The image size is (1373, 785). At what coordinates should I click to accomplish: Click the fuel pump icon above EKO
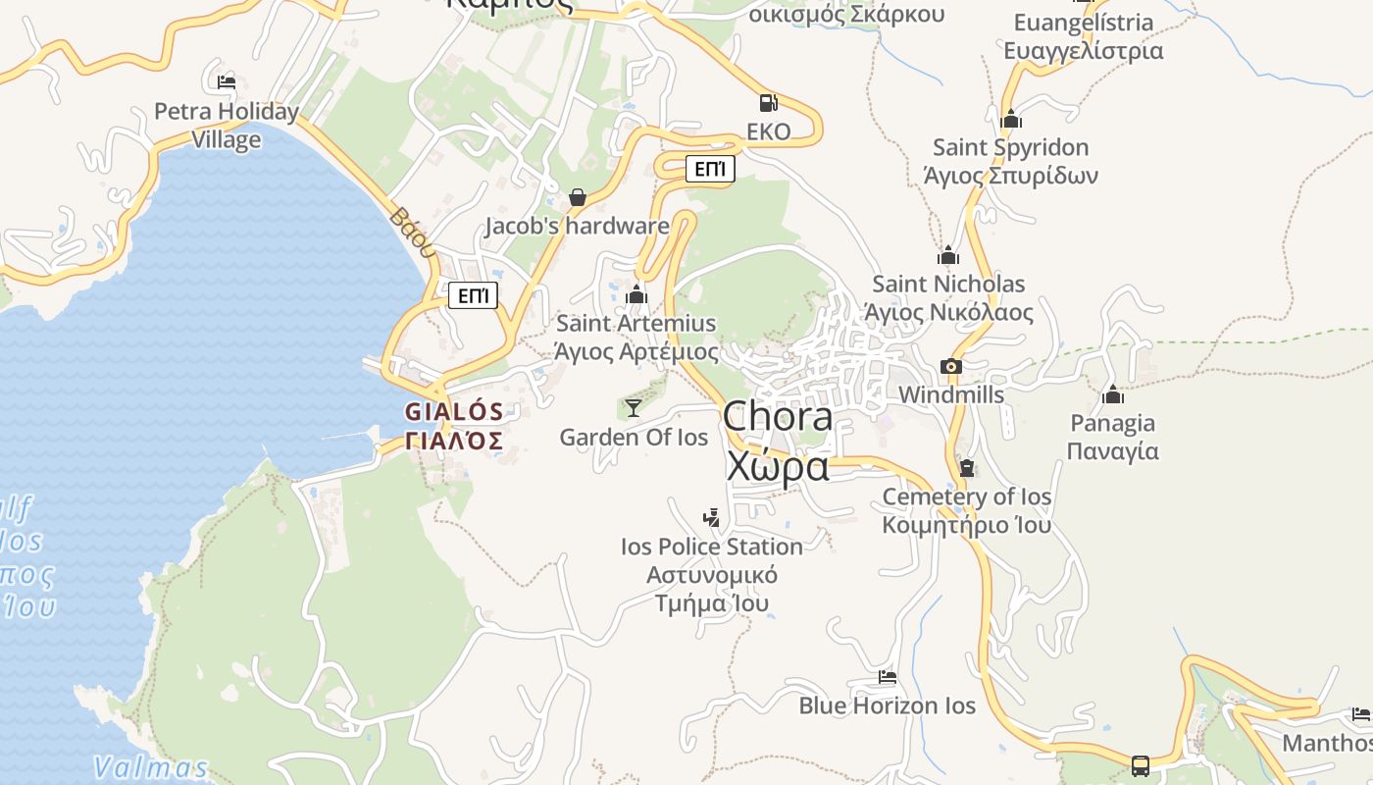[x=769, y=103]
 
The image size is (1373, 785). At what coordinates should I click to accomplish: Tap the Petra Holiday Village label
[x=227, y=126]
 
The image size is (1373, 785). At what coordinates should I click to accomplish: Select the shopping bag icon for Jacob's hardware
[x=578, y=198]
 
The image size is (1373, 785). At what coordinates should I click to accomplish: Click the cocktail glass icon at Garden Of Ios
[x=634, y=408]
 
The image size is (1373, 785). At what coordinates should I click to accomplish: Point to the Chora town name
[x=778, y=417]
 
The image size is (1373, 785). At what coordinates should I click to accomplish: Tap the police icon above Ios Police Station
[x=712, y=518]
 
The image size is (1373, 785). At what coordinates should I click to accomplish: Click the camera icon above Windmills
[x=950, y=367]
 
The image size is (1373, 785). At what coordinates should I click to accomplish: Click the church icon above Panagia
[x=1113, y=394]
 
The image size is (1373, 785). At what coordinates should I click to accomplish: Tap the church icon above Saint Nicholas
[x=948, y=256]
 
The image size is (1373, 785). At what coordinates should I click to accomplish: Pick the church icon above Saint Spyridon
[x=1011, y=120]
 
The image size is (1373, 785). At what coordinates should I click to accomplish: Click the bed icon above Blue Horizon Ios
[x=888, y=677]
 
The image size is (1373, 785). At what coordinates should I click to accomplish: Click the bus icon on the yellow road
[x=1141, y=765]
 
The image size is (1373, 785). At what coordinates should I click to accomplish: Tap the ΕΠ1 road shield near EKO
[x=709, y=170]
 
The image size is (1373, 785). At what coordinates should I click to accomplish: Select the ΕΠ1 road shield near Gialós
[x=473, y=295]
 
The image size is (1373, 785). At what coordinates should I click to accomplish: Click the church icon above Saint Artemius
[x=637, y=294]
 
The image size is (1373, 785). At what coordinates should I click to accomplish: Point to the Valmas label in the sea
[x=151, y=766]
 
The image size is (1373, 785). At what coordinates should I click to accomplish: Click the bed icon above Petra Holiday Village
[x=227, y=82]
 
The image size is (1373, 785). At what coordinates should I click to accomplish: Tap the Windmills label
[x=951, y=394]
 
